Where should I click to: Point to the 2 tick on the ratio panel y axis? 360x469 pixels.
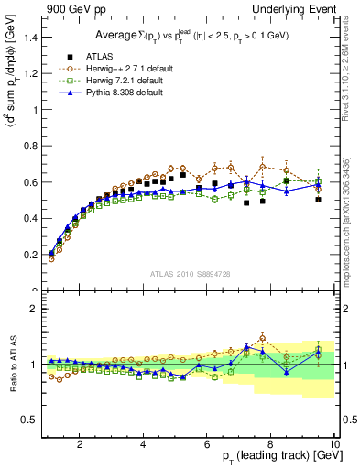pos(35,309)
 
